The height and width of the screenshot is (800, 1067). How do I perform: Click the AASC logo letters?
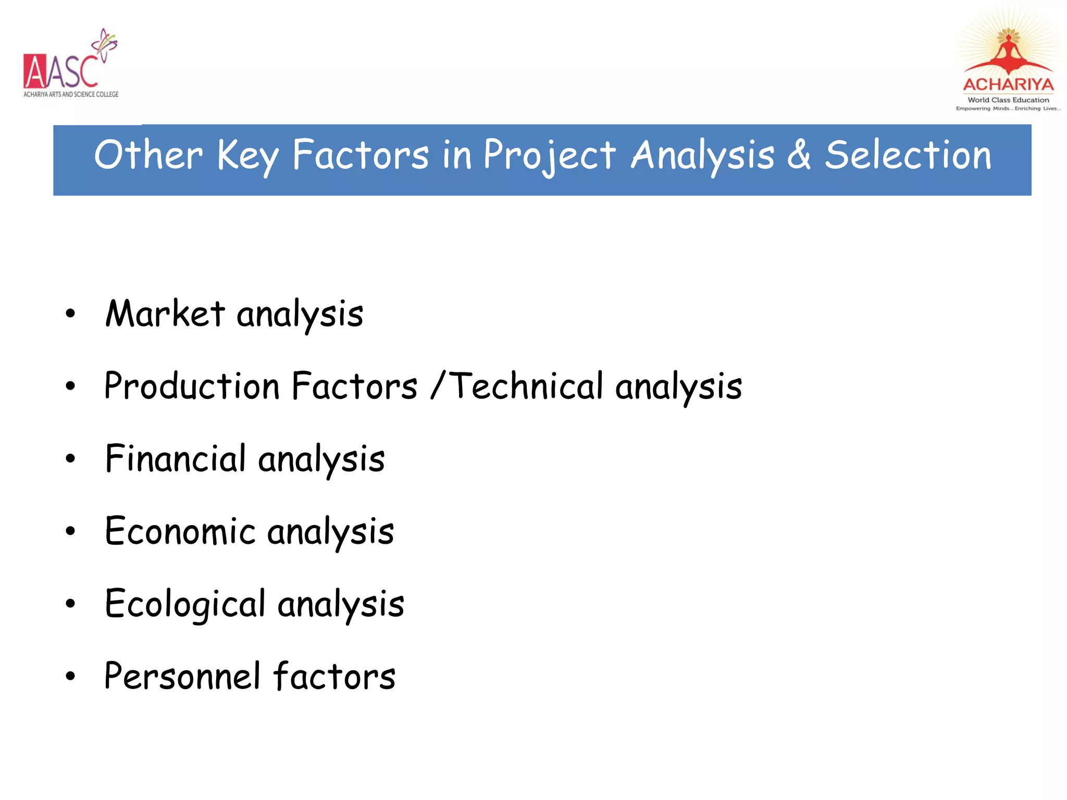60,72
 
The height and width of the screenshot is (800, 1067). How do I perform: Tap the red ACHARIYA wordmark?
1008,84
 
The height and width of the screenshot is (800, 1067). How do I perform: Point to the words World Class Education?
1008,100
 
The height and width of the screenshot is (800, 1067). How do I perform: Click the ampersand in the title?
799,155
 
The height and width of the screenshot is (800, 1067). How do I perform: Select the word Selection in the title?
908,155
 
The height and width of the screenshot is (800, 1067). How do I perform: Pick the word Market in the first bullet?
165,314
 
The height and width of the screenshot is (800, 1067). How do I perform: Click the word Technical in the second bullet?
526,386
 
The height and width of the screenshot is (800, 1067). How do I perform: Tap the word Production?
192,386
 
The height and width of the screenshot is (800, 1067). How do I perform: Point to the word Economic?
180,532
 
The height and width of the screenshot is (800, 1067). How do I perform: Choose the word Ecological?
185,604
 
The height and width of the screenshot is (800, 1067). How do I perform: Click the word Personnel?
182,677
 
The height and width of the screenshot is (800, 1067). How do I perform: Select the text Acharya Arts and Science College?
71,94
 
